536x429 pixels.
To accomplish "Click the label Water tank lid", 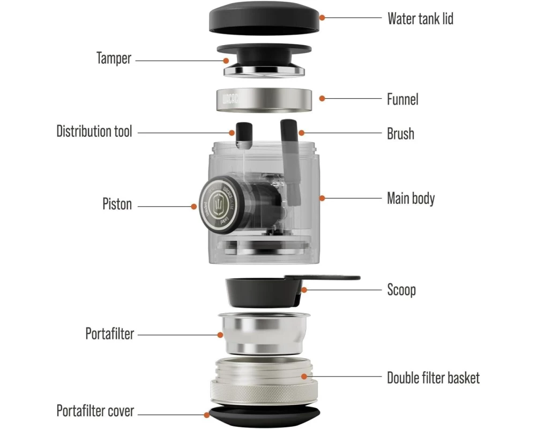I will (420, 19).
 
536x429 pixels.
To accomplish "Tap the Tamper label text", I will (114, 58).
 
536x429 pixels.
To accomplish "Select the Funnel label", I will (403, 99).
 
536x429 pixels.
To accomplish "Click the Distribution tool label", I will (94, 131).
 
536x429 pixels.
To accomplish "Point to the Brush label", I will (400, 133).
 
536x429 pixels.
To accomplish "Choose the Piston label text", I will (117, 204).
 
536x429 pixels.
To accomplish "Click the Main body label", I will (411, 198).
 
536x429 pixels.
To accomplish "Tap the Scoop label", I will (401, 290).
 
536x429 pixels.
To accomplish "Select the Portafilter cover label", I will (95, 411).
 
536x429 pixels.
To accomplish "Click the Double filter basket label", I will (433, 378).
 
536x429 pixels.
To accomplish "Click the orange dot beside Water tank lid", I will (322, 17).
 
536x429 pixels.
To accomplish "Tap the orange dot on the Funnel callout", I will (322, 98).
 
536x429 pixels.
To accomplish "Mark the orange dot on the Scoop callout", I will (303, 290).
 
